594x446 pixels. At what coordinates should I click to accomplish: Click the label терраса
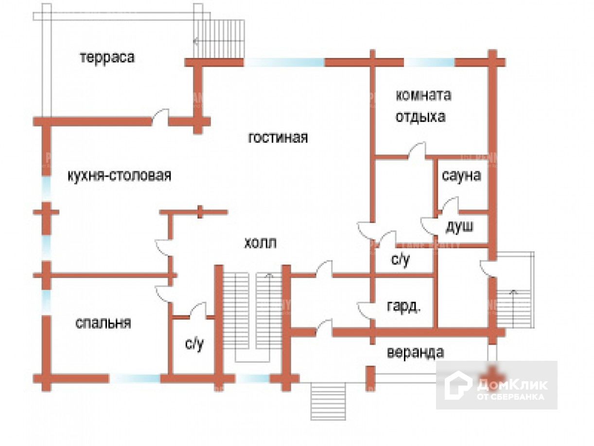pos(107,57)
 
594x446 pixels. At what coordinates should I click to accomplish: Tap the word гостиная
pos(278,138)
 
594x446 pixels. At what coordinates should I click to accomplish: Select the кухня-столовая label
pos(119,175)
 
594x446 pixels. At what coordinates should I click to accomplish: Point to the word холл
pos(260,242)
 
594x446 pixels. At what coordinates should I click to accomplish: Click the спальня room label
pos(103,323)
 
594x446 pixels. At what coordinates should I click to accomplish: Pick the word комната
pos(423,95)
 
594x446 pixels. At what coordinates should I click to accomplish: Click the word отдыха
pos(420,117)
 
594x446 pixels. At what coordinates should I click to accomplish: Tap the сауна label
pos(461,175)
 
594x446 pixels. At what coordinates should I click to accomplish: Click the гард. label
pos(403,307)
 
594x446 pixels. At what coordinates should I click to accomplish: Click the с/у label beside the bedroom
pos(194,344)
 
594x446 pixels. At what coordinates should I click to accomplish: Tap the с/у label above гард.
pos(401,260)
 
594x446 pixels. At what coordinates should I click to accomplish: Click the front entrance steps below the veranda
pos(328,401)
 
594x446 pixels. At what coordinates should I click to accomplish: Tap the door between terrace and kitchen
pos(160,118)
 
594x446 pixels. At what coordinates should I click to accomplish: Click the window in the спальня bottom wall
pos(135,378)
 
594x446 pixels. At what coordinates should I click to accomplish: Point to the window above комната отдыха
pos(429,62)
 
